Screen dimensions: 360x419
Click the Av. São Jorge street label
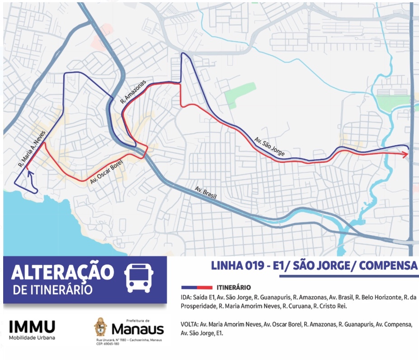click(269, 147)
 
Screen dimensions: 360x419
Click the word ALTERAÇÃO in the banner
click(62, 272)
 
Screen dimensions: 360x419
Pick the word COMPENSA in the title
click(389, 266)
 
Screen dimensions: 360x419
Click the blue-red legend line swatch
click(196, 287)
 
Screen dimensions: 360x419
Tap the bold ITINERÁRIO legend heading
click(234, 287)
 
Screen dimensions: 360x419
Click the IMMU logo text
click(32, 326)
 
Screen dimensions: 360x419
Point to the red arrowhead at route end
click(405, 154)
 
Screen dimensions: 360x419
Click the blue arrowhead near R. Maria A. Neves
click(31, 172)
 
